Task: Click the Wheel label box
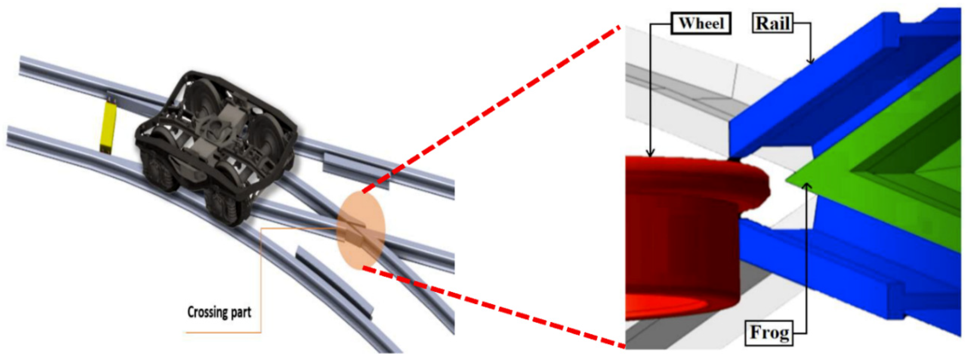(x=701, y=23)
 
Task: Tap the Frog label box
(x=769, y=332)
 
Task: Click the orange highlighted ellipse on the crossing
(x=361, y=230)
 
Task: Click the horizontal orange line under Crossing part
(x=223, y=332)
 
